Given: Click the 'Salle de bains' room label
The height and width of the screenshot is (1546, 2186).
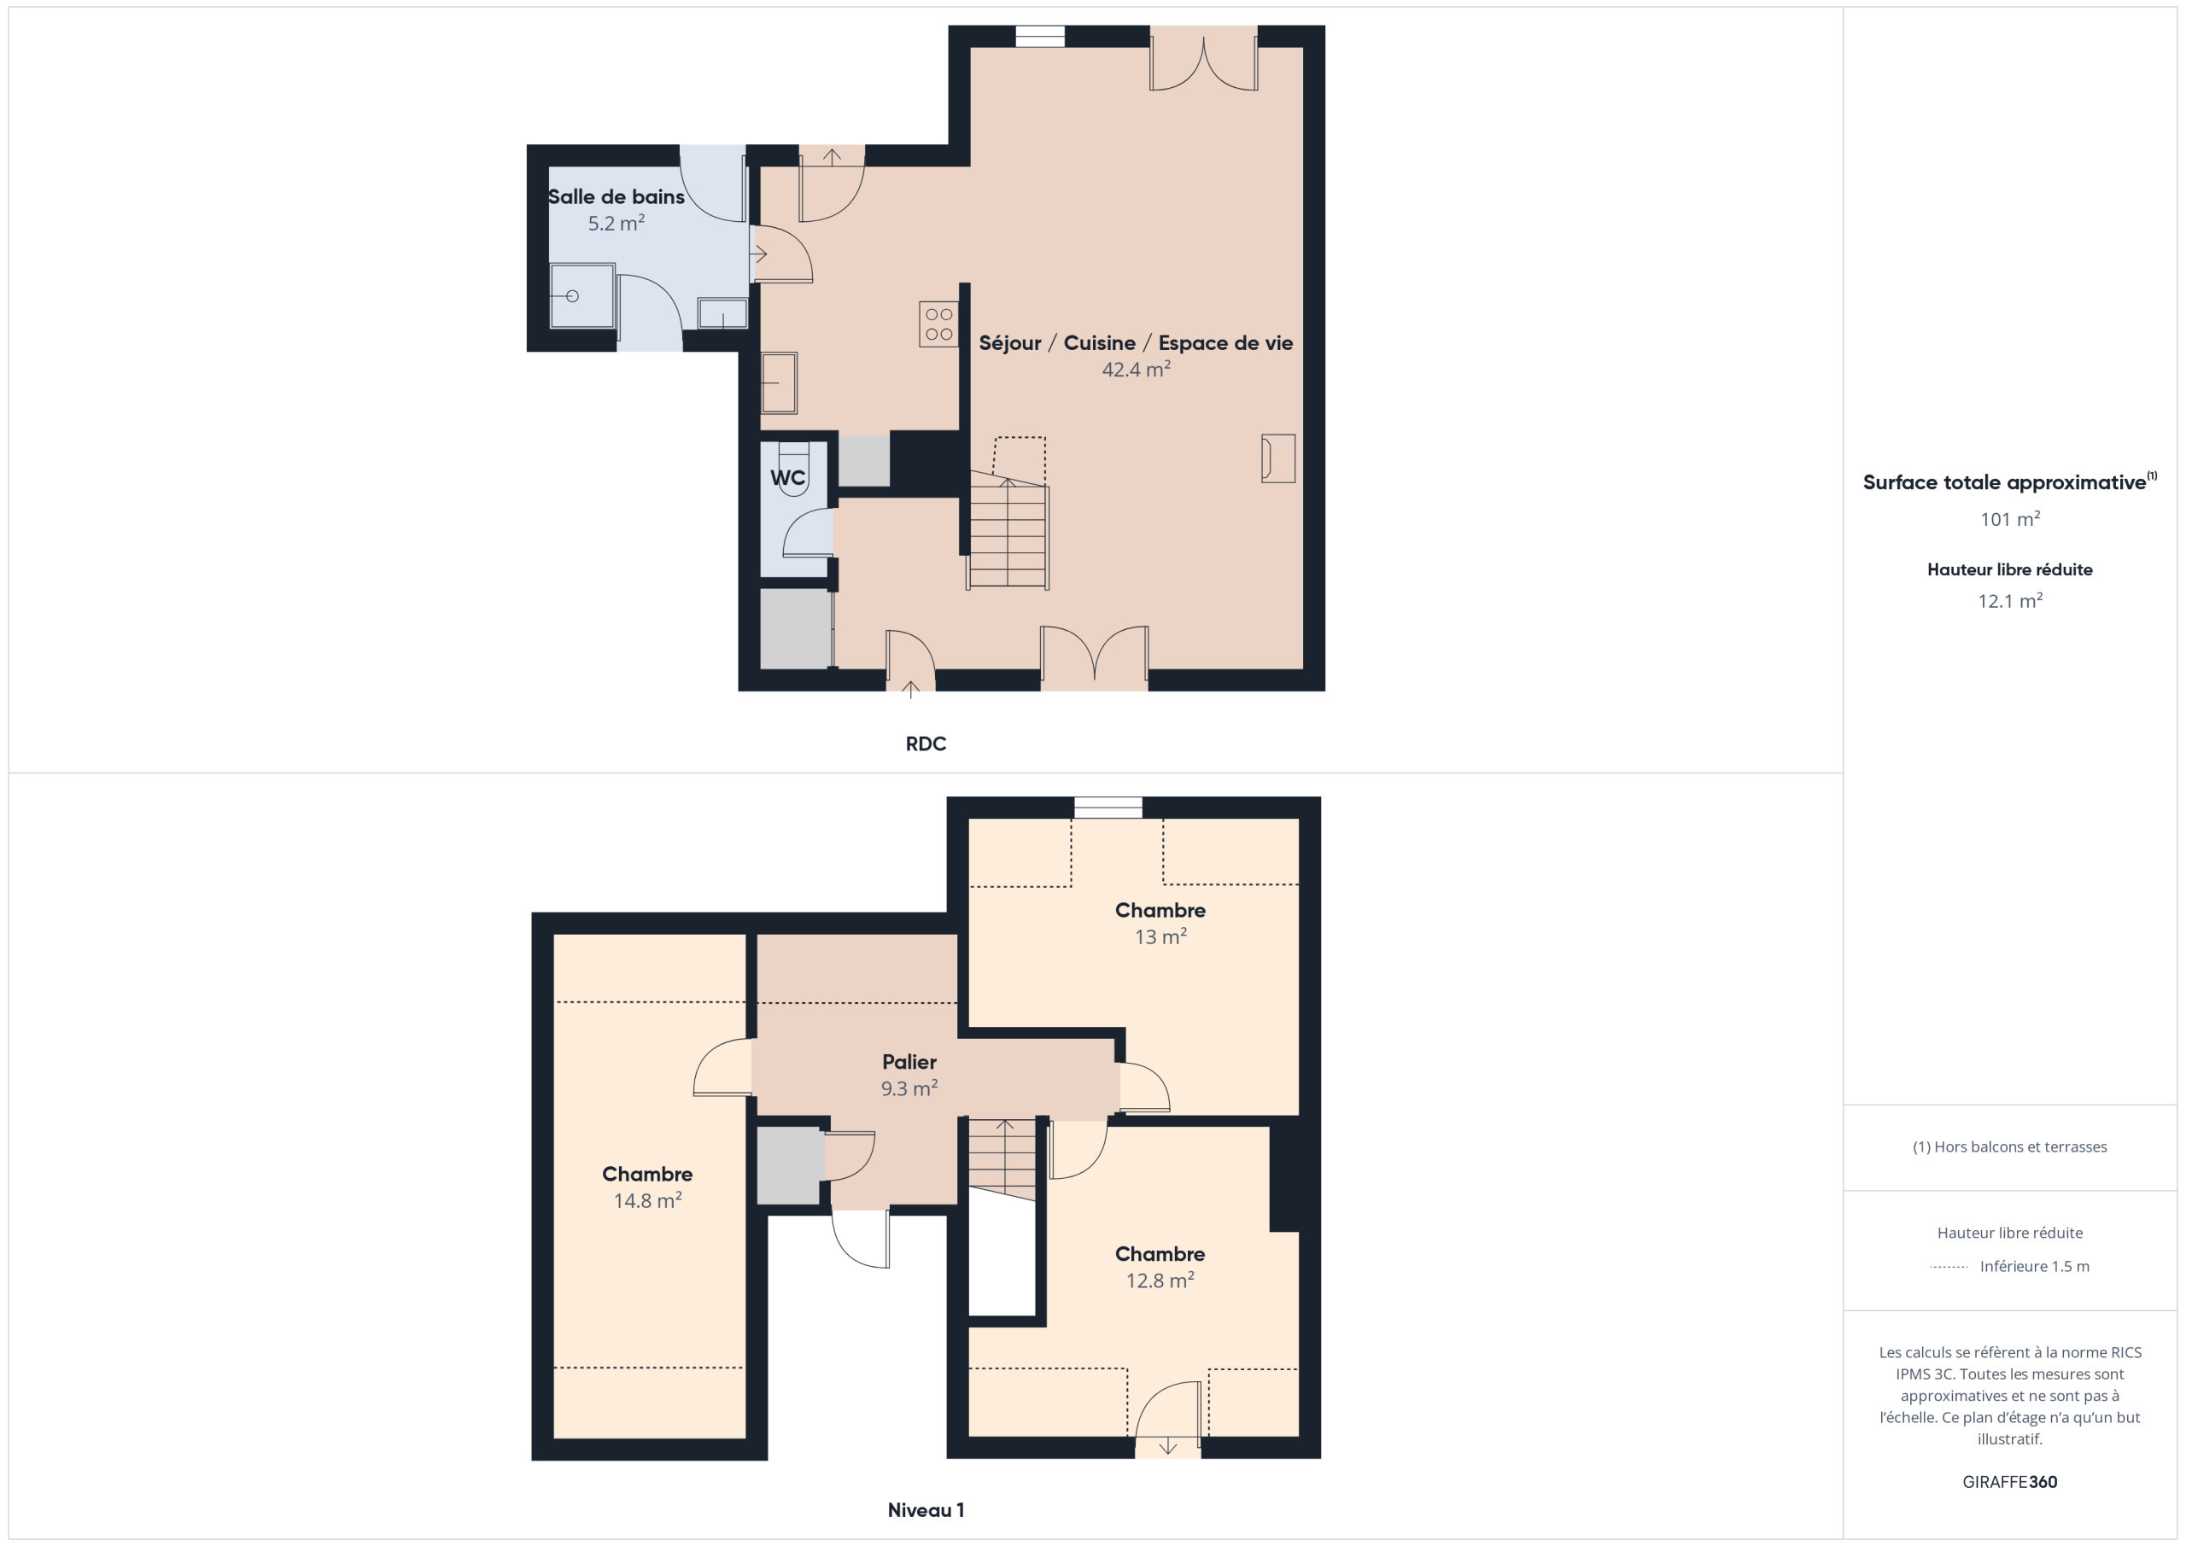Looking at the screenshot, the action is point(616,197).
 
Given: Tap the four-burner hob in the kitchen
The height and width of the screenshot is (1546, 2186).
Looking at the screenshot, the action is point(938,324).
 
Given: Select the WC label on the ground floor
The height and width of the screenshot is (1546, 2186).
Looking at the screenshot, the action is point(787,478).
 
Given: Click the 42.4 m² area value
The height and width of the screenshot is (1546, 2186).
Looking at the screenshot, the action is point(1136,370).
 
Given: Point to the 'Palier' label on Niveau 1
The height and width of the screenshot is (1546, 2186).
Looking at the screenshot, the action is point(909,1061).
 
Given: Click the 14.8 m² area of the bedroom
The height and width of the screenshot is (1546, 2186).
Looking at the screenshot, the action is point(647,1200).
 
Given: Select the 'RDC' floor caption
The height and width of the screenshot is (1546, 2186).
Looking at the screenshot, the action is point(926,744).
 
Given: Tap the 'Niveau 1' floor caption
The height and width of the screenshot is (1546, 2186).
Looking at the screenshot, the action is point(926,1510).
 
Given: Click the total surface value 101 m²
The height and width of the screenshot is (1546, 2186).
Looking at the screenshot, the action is point(2010,519).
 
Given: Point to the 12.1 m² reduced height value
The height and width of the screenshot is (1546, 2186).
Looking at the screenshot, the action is point(2010,601).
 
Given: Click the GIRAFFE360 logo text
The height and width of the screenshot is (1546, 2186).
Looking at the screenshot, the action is point(2010,1482).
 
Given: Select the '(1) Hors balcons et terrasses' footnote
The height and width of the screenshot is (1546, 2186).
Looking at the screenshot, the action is point(2010,1147).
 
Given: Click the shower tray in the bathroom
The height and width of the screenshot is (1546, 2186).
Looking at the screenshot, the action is point(582,296).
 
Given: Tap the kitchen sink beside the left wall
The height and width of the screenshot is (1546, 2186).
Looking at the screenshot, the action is point(779,382).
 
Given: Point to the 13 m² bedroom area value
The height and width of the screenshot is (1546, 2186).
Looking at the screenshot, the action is point(1160,936).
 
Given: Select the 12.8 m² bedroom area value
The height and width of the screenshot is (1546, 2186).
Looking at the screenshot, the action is point(1160,1281).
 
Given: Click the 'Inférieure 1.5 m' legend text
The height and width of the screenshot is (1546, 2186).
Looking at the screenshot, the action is point(2035,1266).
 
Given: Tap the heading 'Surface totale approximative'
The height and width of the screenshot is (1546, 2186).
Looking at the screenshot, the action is point(2004,482).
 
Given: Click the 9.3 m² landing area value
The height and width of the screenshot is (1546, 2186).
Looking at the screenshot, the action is point(909,1088).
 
